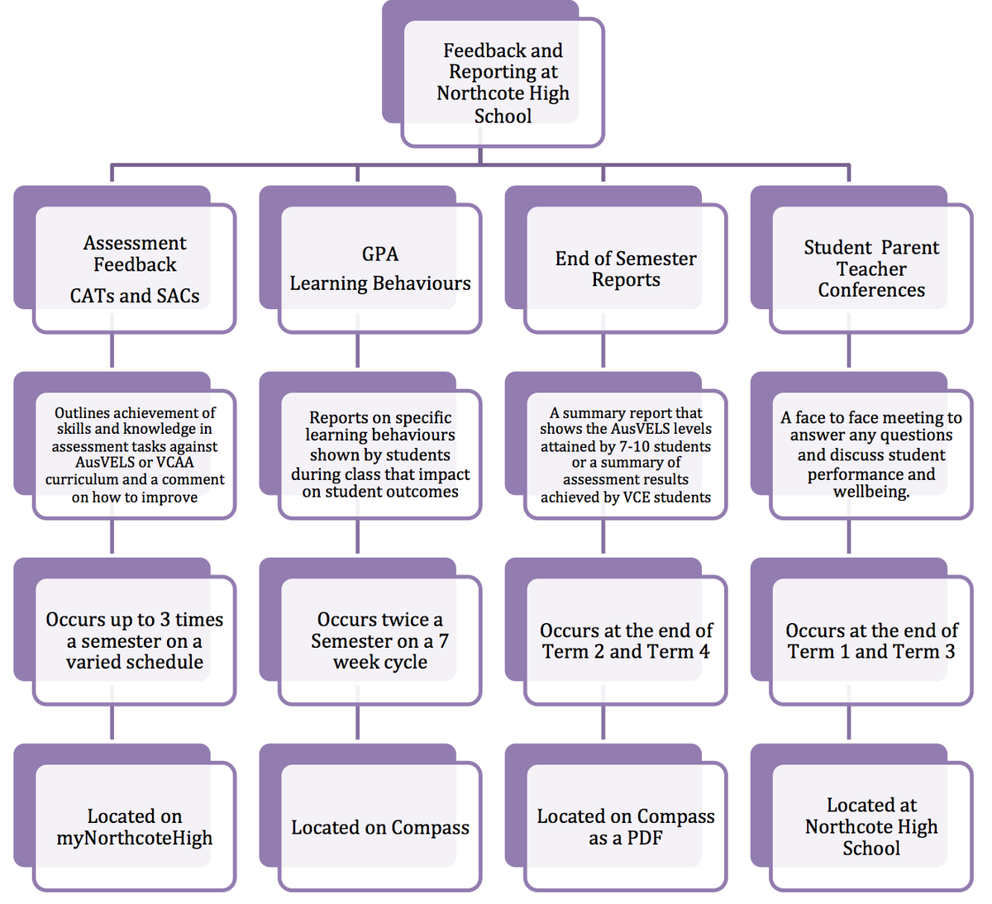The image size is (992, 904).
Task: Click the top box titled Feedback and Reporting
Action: pyautogui.click(x=502, y=83)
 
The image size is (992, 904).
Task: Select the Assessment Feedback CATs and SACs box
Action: pyautogui.click(x=134, y=269)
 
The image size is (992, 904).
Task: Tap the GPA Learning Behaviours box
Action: pyautogui.click(x=379, y=269)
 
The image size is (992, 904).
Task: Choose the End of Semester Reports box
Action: pyautogui.click(x=625, y=269)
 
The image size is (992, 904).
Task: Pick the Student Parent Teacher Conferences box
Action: pyautogui.click(x=870, y=269)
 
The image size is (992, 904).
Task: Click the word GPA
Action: pyautogui.click(x=380, y=254)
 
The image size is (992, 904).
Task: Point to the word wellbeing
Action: pyautogui.click(x=870, y=492)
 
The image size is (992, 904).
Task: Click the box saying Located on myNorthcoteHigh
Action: pyautogui.click(x=134, y=826)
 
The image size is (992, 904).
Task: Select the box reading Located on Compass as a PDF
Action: pyautogui.click(x=625, y=826)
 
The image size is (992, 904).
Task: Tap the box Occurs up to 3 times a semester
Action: pyautogui.click(x=134, y=640)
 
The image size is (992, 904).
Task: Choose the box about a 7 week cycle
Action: pyautogui.click(x=379, y=640)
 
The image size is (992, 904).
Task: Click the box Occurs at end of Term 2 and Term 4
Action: pyautogui.click(x=625, y=640)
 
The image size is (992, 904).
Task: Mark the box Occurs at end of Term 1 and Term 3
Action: pyautogui.click(x=870, y=640)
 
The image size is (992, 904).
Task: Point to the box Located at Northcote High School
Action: pyautogui.click(x=870, y=826)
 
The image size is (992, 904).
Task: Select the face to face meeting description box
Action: pyautogui.click(x=870, y=454)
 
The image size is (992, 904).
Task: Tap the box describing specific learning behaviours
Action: pyautogui.click(x=379, y=454)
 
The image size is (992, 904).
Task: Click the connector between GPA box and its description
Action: pyautogui.click(x=357, y=351)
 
